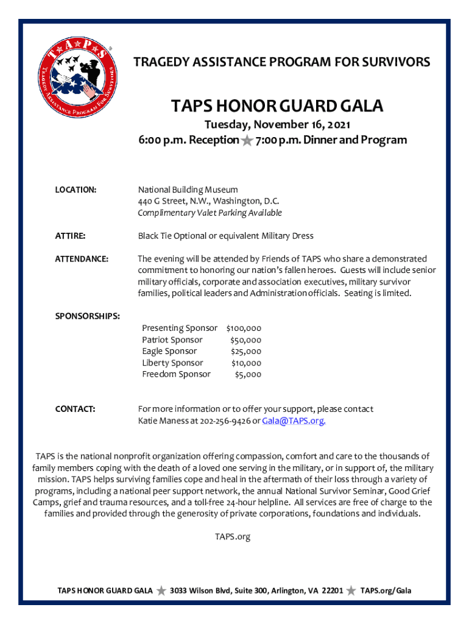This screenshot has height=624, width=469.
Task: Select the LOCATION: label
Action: [x=76, y=190]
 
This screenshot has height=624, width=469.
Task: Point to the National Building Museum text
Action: [x=188, y=190]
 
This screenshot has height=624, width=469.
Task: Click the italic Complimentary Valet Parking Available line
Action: [x=210, y=213]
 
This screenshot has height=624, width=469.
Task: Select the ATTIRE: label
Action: [x=70, y=236]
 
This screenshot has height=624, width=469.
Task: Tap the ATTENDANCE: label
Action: [x=82, y=259]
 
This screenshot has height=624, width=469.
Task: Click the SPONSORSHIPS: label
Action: [x=87, y=316]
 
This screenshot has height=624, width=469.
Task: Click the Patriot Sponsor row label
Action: [x=172, y=340]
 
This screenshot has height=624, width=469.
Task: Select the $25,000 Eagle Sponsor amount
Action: [x=245, y=352]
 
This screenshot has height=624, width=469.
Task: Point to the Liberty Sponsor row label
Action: [x=172, y=363]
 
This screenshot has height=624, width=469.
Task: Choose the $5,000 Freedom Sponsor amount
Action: [x=248, y=375]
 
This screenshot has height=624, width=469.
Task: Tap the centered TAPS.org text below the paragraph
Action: [x=233, y=537]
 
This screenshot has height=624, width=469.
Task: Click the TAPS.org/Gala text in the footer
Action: [x=386, y=590]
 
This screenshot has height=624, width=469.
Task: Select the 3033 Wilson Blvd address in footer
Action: [x=256, y=590]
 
